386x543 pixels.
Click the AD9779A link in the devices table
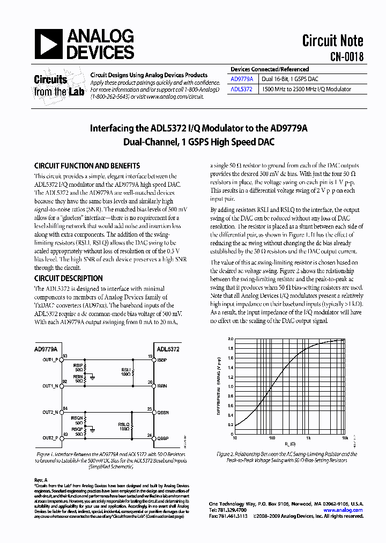[x=241, y=78]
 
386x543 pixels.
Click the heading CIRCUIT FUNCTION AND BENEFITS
[x=87, y=166]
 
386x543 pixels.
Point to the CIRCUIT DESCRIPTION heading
[x=68, y=278]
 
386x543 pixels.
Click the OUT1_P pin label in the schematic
[x=50, y=359]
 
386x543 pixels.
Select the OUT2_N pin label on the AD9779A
[x=50, y=412]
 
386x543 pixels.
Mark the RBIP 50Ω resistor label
[x=78, y=367]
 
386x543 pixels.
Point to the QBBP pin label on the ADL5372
[x=162, y=438]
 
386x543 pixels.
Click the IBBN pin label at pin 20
[x=162, y=386]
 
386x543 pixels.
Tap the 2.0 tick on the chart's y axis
[x=231, y=339]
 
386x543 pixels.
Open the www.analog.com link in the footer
[x=344, y=510]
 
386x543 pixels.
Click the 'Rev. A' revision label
[x=41, y=479]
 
